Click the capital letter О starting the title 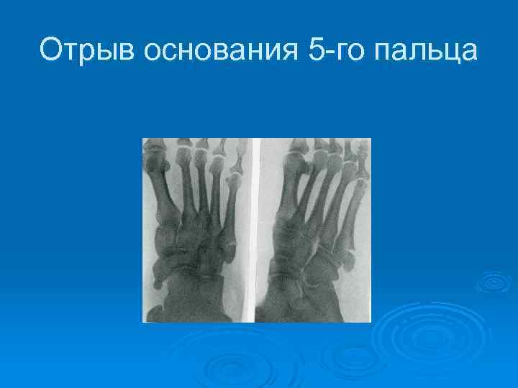coord(50,50)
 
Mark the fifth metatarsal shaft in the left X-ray coord(230,216)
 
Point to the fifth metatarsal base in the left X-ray coord(229,251)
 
